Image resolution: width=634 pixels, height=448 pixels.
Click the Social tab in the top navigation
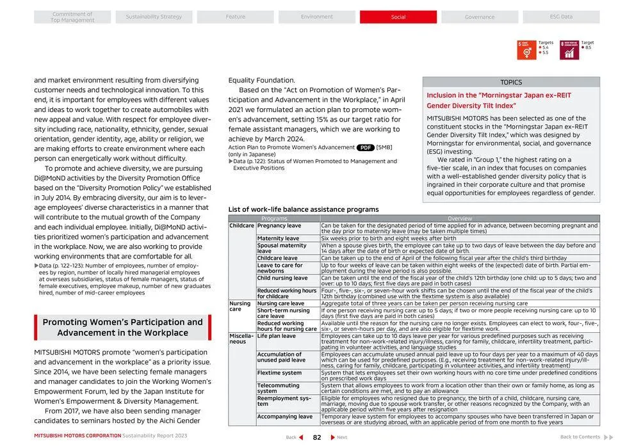398,17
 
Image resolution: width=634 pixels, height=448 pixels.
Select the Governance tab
479,17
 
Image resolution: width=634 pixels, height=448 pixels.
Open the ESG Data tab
561,17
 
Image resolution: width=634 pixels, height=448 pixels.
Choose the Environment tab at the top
316,17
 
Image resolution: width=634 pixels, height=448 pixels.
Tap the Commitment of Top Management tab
72,17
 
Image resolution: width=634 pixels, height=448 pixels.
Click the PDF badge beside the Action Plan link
366,147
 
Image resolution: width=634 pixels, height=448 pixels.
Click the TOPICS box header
511,82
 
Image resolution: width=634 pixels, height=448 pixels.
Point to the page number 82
316,437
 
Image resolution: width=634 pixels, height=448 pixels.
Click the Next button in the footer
339,437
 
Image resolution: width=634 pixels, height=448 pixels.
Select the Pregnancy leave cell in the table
279,226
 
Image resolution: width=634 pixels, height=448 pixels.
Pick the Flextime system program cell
279,372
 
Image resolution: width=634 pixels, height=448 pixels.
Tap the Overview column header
460,219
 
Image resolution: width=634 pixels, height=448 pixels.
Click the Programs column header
274,219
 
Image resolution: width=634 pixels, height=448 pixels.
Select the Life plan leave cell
277,336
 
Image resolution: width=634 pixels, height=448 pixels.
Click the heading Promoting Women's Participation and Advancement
122,327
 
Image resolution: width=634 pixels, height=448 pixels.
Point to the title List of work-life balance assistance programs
304,209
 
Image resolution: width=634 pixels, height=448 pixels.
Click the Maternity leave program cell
278,239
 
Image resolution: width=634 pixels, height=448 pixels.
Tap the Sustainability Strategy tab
154,17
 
